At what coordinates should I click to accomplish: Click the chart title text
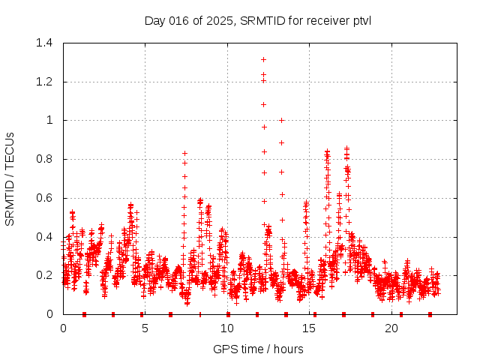point(257,20)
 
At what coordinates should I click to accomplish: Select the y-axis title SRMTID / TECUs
point(10,178)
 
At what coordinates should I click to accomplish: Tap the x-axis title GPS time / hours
point(258,349)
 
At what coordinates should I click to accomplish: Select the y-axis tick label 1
point(52,120)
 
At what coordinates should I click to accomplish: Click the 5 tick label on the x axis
point(145,328)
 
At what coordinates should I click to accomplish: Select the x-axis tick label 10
point(227,328)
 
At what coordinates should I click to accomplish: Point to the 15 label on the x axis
point(310,328)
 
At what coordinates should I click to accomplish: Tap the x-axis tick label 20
point(391,328)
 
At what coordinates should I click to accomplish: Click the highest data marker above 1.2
point(263,59)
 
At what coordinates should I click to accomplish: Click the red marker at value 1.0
point(281,120)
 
